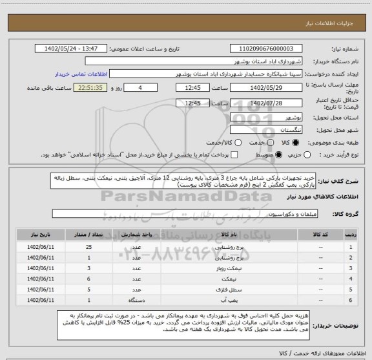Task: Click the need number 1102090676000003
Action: pyautogui.click(x=265, y=48)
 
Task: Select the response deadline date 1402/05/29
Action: pyautogui.click(x=265, y=88)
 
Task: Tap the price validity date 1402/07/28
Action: pyautogui.click(x=265, y=103)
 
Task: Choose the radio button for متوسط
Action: pyautogui.click(x=279, y=155)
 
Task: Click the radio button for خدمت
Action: pyautogui.click(x=238, y=142)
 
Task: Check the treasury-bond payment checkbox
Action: pyautogui.click(x=234, y=155)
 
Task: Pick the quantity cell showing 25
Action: pyautogui.click(x=88, y=246)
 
